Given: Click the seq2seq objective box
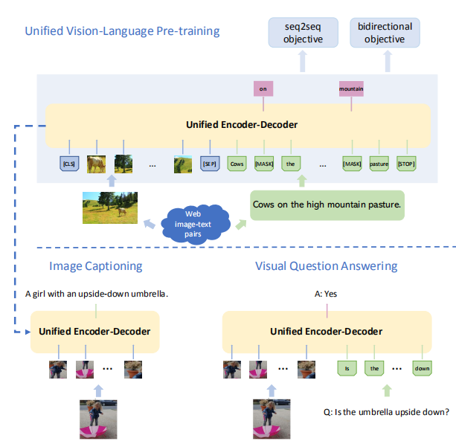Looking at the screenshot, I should tap(303, 33).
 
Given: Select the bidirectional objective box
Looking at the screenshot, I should tap(384, 33).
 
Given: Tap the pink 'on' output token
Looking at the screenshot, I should tap(263, 89).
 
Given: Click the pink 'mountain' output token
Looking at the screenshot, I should tap(351, 89).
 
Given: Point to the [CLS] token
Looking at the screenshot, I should tap(70, 164).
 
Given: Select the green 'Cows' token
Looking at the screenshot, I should tap(237, 164).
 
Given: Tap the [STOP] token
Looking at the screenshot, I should tap(406, 164).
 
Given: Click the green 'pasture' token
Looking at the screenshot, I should tap(379, 164).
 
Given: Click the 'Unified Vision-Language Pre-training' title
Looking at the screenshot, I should tap(122, 31).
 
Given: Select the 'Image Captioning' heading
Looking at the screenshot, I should tap(96, 266).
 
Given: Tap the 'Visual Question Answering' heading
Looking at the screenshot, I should tap(327, 266).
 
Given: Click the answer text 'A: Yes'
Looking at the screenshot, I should tap(326, 294).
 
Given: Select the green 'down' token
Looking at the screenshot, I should tap(422, 367).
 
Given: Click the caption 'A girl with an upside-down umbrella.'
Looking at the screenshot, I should tap(97, 294).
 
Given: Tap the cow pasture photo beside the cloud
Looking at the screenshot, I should tap(112, 208).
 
